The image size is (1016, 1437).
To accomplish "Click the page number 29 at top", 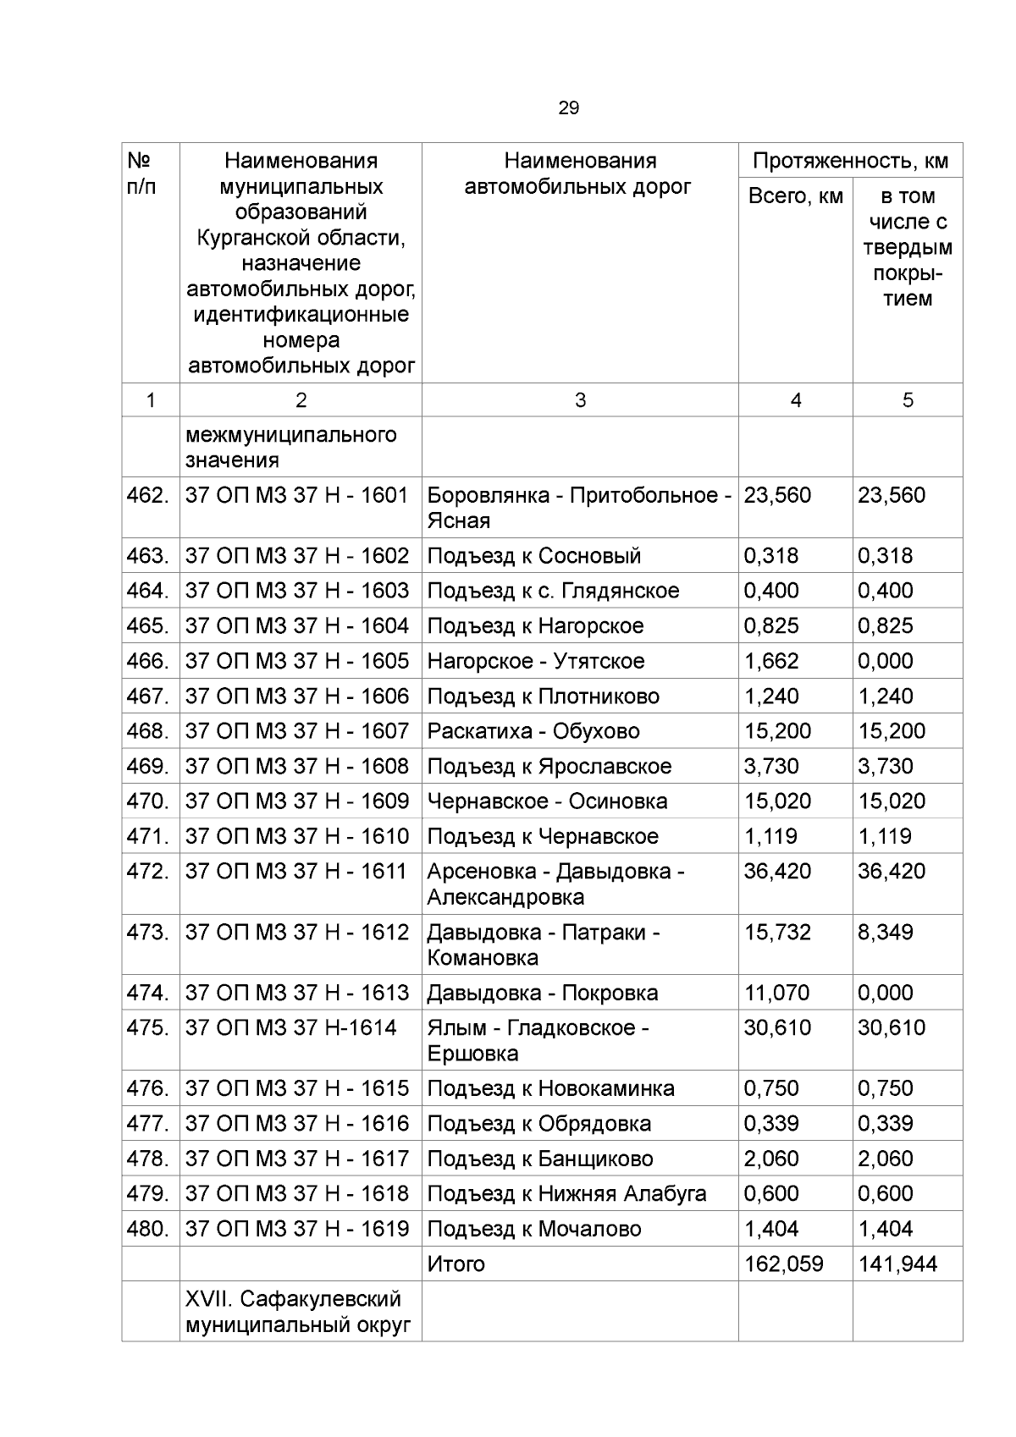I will [568, 107].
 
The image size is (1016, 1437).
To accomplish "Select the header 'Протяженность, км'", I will [850, 161].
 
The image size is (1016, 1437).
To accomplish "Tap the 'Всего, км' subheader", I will [795, 196].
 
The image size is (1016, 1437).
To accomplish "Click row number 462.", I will [148, 495].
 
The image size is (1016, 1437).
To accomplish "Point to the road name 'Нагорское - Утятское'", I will [535, 661].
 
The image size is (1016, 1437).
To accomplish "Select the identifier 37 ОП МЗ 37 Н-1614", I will [290, 1027].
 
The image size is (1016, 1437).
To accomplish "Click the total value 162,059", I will [783, 1264].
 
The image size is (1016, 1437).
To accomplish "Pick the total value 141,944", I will [897, 1264].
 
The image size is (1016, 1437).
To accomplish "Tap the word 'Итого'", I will [456, 1264].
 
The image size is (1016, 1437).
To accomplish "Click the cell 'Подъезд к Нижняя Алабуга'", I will [566, 1193].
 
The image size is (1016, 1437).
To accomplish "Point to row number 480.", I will [148, 1228].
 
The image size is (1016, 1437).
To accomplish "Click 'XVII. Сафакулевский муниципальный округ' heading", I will [293, 1311].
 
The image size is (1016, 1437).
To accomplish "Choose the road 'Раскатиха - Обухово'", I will [533, 731].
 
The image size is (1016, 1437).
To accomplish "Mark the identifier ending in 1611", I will [296, 871].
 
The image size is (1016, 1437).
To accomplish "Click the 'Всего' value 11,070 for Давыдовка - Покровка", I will [776, 993].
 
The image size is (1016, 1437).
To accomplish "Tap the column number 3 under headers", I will [580, 400].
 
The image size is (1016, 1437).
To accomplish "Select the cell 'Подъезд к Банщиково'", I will [539, 1159].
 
